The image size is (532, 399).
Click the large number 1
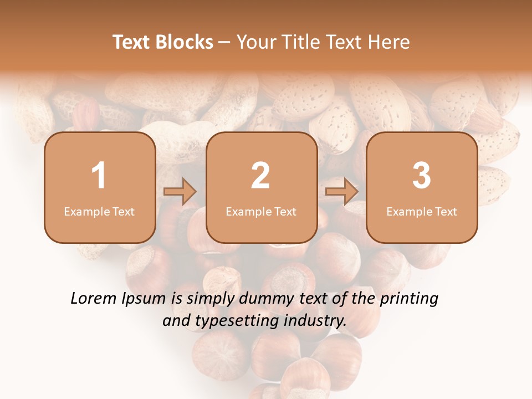tap(99, 176)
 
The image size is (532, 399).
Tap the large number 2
tap(260, 176)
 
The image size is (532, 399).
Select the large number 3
tap(422, 176)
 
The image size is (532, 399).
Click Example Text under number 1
tap(99, 212)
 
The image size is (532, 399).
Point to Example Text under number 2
tap(261, 212)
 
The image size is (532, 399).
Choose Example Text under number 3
tap(422, 212)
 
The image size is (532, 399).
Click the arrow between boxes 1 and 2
tap(180, 192)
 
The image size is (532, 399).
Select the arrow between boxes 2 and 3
tap(342, 192)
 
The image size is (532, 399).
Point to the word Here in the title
tap(390, 42)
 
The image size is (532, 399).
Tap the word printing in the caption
tap(409, 299)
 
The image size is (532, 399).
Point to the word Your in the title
tap(255, 42)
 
